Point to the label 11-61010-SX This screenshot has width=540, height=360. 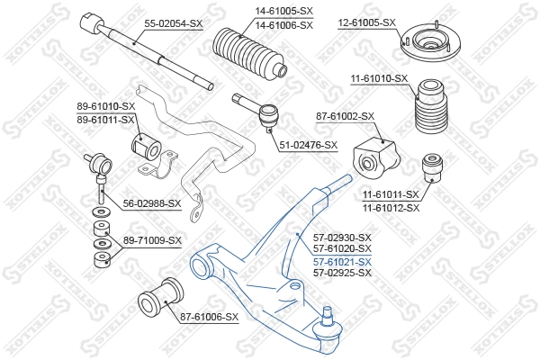379,79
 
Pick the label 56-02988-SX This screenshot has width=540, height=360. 151,203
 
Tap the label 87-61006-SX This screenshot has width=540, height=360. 209,317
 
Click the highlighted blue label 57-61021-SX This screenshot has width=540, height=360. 341,261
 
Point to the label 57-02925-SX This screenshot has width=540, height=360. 341,272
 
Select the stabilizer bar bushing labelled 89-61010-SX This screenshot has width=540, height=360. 145,145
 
